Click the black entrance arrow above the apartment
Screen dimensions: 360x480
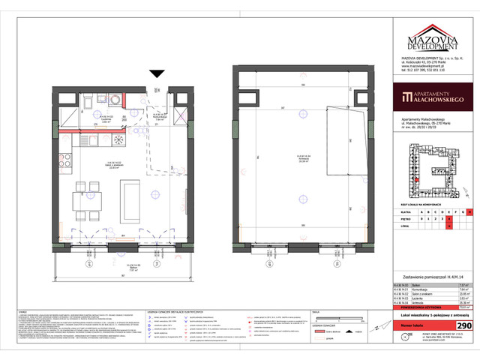[x=155, y=73]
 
